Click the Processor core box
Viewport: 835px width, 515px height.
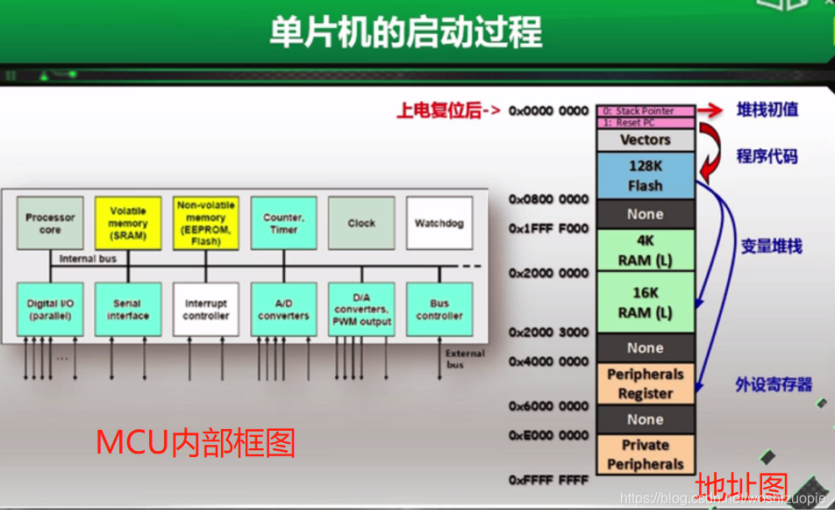coord(50,223)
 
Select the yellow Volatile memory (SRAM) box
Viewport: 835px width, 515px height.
coord(128,223)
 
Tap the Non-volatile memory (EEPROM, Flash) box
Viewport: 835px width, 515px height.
coord(206,223)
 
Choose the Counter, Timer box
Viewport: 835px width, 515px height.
coord(283,223)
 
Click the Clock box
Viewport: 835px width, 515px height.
coord(360,223)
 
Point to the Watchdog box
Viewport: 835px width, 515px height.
coord(439,223)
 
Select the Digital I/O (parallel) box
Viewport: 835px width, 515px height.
coord(50,309)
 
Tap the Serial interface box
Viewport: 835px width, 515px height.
coord(128,309)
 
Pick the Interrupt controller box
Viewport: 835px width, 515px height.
coord(206,309)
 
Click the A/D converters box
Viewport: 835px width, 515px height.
coord(283,309)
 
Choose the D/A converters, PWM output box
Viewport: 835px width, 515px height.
coord(360,309)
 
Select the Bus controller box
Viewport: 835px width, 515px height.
coord(439,309)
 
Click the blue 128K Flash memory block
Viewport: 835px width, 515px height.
coord(646,175)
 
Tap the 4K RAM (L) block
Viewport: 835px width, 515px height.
coord(646,250)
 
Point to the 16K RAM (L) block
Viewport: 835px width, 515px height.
coord(646,302)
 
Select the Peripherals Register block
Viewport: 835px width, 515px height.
coord(646,383)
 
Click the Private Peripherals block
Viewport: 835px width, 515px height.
coord(646,454)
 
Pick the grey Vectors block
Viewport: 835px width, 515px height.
coord(646,139)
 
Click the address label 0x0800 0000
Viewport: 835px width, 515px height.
coord(549,200)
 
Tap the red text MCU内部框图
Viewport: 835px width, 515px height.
coord(196,442)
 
